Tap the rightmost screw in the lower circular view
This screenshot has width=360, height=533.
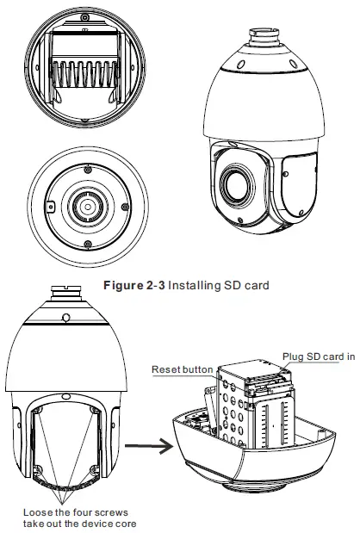click(x=127, y=208)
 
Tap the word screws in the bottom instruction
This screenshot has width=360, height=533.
click(x=116, y=511)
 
